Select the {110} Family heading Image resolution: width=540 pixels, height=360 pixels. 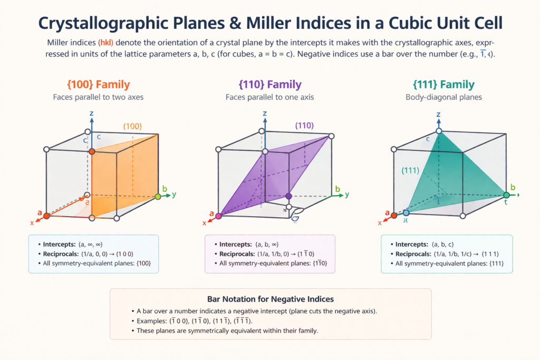pyautogui.click(x=269, y=84)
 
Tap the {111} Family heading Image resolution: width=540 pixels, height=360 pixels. pyautogui.click(x=443, y=84)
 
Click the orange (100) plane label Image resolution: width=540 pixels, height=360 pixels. pyautogui.click(x=132, y=127)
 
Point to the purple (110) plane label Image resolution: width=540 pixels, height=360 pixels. pyautogui.click(x=304, y=125)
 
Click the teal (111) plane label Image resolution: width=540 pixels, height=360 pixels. pyautogui.click(x=411, y=170)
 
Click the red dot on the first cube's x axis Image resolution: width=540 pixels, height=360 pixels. pyautogui.click(x=46, y=216)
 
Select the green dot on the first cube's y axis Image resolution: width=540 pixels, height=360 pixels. pyautogui.click(x=158, y=197)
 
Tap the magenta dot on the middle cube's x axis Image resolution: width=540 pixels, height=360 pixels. pyautogui.click(x=218, y=216)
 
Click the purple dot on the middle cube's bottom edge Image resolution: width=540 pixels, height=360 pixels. pyautogui.click(x=288, y=196)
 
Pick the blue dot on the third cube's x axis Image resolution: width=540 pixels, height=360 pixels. pyautogui.click(x=406, y=213)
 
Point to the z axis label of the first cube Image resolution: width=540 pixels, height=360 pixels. pyautogui.click(x=92, y=113)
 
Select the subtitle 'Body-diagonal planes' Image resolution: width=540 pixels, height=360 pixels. pyautogui.click(x=443, y=98)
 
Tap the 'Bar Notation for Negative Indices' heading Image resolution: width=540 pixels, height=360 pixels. pyautogui.click(x=270, y=298)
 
